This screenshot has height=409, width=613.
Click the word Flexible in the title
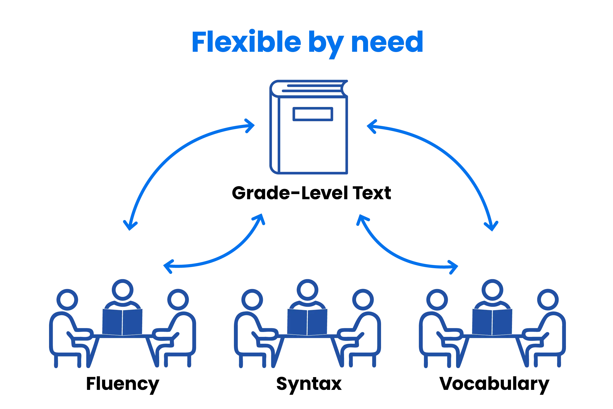pos(246,42)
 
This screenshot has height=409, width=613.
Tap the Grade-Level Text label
pos(311,193)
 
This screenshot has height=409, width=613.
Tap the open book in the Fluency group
pos(123,322)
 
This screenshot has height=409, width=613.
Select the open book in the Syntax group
pos(307,322)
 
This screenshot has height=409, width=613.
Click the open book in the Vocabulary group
pos(492,322)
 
